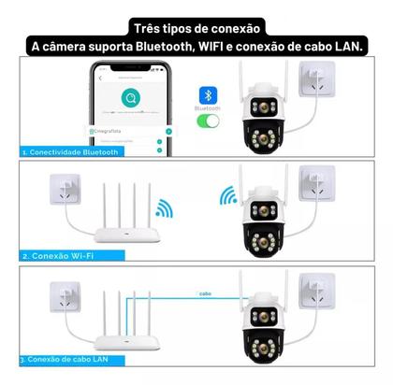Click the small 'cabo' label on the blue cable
(x=205, y=294)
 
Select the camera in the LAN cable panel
(x=257, y=321)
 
